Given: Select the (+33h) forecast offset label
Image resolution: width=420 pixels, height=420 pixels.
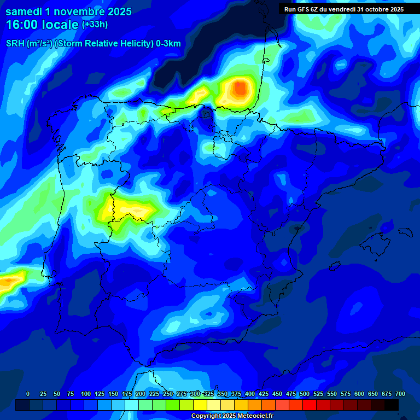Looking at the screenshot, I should pos(95,24).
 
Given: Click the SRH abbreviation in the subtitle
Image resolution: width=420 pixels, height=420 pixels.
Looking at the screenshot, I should pos(15,44).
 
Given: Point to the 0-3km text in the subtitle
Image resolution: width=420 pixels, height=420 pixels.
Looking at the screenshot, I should pos(168,44).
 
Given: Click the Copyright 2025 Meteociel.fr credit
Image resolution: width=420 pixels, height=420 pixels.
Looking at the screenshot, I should pos(232,416).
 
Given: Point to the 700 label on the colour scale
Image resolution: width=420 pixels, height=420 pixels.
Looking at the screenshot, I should pos(400,394).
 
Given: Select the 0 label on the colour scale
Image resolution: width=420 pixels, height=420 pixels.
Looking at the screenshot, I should pos(28,394).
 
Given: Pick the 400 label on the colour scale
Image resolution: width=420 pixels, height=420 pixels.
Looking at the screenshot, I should pos(250,394).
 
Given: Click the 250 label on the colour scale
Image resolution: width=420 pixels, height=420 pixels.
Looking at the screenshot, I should pos(168,394).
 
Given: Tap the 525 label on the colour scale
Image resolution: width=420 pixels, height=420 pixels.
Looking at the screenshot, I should pos(318,394).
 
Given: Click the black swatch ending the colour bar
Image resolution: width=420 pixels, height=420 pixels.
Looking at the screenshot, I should pos(392,405).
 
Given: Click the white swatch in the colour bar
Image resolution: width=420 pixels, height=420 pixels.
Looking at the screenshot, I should pos(214,405).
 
